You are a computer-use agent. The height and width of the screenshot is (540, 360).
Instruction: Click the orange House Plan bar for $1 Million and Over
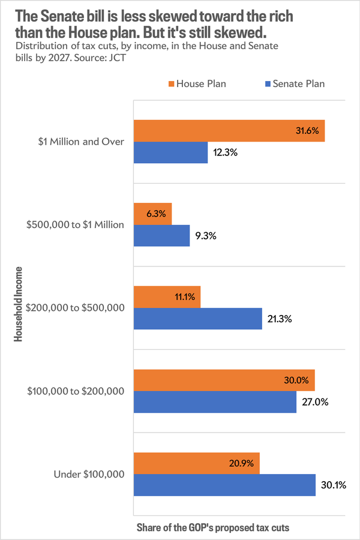[x=228, y=131]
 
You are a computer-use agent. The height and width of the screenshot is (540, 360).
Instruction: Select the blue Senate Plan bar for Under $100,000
[x=224, y=485]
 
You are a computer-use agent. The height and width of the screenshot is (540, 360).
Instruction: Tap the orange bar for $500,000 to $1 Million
[x=152, y=214]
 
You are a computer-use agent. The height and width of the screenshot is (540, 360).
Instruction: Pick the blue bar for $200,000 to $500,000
[x=197, y=319]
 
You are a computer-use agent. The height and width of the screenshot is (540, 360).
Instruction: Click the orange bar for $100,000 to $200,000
[x=223, y=380]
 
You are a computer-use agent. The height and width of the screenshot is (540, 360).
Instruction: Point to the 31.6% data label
[x=306, y=131]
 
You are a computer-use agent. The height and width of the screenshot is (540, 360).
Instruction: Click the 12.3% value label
[x=226, y=153]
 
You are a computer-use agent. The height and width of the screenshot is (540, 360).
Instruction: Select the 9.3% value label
[x=206, y=236]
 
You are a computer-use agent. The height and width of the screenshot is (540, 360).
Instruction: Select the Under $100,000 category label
[x=89, y=474]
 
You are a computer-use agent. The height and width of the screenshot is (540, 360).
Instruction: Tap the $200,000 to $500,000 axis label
[x=76, y=308]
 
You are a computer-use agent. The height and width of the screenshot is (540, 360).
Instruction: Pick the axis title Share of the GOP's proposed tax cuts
[x=213, y=527]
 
